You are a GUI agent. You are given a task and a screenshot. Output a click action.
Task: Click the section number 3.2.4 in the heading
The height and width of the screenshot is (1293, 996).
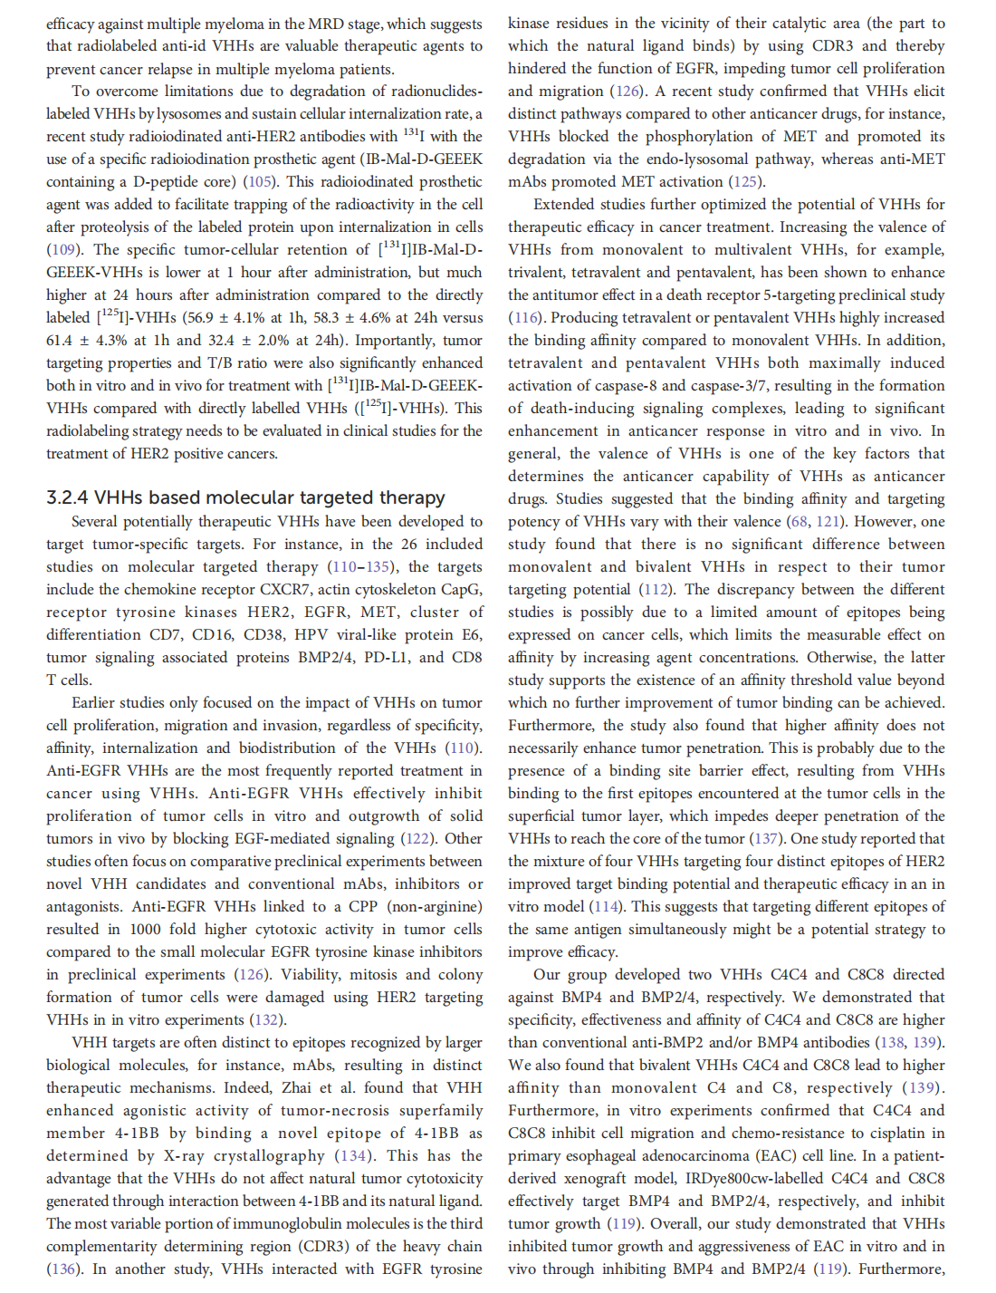(x=68, y=497)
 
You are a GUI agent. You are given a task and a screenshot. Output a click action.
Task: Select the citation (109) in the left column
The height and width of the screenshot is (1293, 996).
(x=63, y=249)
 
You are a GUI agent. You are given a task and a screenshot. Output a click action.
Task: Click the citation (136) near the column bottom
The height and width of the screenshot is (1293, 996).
(x=63, y=1269)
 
